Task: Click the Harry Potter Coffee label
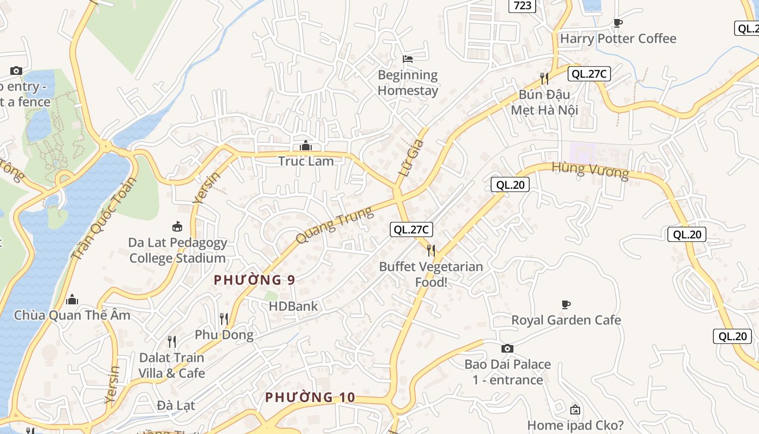click(x=618, y=39)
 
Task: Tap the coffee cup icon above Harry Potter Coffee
click(x=618, y=23)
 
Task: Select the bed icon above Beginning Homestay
click(x=408, y=59)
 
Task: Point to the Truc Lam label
click(x=306, y=161)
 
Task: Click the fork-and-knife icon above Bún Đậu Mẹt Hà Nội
click(x=544, y=79)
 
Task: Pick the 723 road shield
click(x=522, y=5)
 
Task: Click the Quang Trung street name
click(x=335, y=225)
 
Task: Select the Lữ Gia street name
click(x=410, y=160)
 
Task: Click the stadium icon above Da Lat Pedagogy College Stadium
click(x=177, y=226)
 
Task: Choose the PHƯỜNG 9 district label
click(x=254, y=280)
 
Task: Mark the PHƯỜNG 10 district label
click(x=310, y=398)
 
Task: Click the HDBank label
click(x=293, y=306)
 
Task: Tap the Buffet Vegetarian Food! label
click(x=431, y=274)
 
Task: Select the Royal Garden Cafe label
click(x=566, y=320)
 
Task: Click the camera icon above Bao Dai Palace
click(x=507, y=348)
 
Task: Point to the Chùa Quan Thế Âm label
click(x=72, y=315)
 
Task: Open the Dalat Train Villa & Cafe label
click(x=172, y=365)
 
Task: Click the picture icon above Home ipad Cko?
click(x=575, y=410)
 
